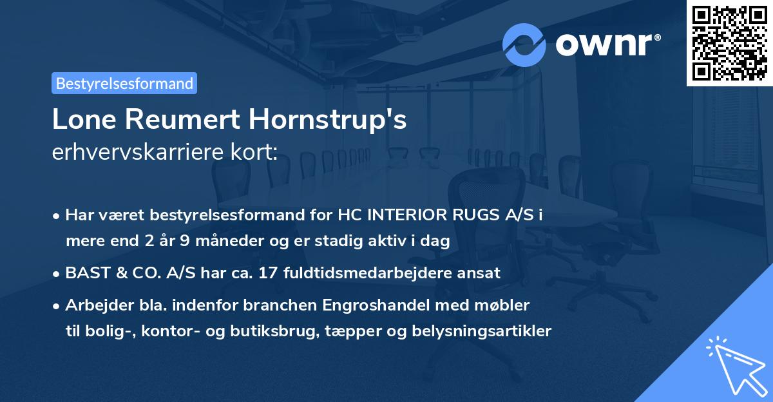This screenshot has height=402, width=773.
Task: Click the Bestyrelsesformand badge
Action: click(x=124, y=83)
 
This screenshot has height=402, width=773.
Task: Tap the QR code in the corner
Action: click(x=729, y=43)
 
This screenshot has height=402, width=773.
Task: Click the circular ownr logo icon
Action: click(x=524, y=44)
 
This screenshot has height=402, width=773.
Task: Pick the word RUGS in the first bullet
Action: click(x=470, y=215)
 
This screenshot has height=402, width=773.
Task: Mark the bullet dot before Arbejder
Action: click(x=57, y=305)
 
